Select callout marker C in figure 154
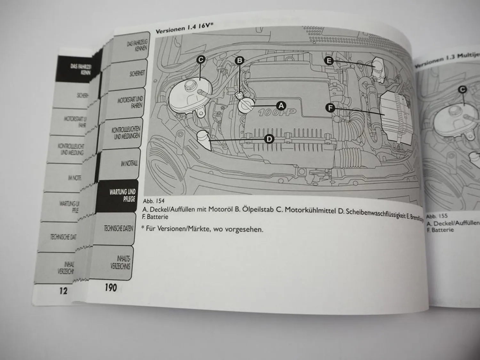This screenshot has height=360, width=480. click(200, 60)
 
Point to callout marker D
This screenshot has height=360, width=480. click(269, 139)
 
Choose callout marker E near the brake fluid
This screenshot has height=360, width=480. click(329, 60)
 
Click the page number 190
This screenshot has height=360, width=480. click(111, 287)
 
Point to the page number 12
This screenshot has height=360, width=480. click(63, 290)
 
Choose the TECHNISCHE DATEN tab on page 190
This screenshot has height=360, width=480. click(118, 228)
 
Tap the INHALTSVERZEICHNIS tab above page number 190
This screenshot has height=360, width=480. click(121, 262)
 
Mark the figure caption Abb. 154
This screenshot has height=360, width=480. click(154, 201)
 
